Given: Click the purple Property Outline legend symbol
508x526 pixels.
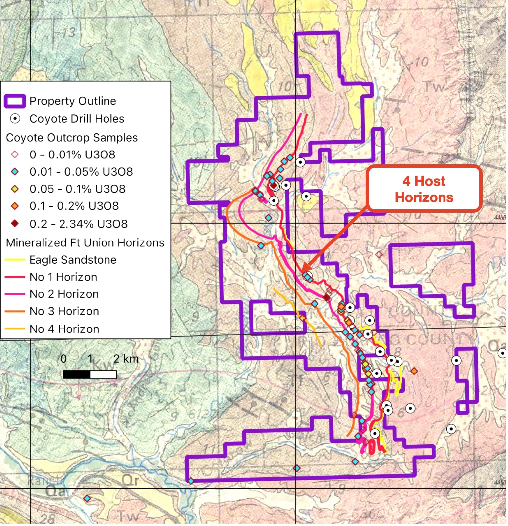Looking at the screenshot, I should (15, 101).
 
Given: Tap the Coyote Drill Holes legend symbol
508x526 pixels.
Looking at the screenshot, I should (15, 119).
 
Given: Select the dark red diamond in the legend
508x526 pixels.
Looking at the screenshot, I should (15, 224).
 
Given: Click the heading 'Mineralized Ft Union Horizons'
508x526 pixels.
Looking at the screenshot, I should (85, 243).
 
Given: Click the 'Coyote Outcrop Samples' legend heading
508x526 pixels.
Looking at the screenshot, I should (72, 138).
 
